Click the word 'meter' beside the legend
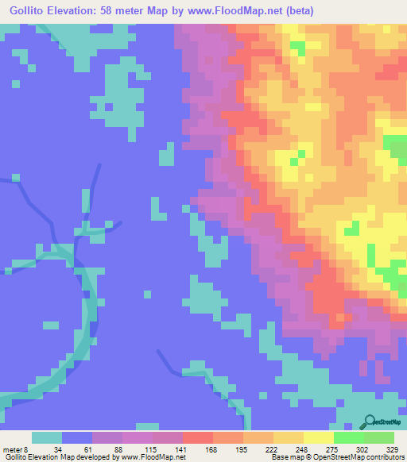coord(13,450)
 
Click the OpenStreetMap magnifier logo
coord(370,422)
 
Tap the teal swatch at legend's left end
coord(47,437)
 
